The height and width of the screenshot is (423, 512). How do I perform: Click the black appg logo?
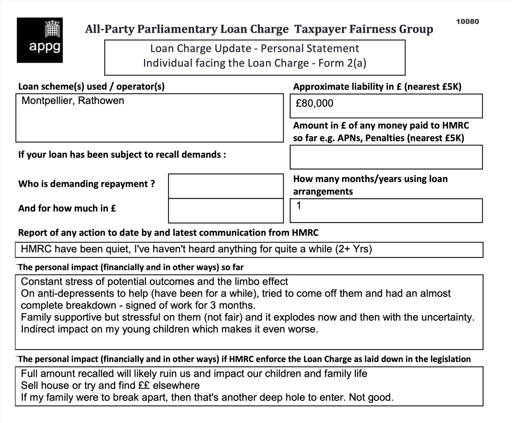pyautogui.click(x=41, y=40)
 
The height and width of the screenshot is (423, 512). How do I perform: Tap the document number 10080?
pyautogui.click(x=467, y=21)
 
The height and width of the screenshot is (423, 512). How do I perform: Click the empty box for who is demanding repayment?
pyautogui.click(x=226, y=185)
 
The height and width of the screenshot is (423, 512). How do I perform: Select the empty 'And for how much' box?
pyautogui.click(x=226, y=211)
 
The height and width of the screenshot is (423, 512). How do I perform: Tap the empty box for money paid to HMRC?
pyautogui.click(x=386, y=157)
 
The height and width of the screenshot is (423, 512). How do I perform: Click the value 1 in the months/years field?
pyautogui.click(x=299, y=206)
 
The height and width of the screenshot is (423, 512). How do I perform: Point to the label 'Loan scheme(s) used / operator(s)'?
pyautogui.click(x=91, y=87)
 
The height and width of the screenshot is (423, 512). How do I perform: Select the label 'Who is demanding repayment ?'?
pyautogui.click(x=87, y=184)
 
